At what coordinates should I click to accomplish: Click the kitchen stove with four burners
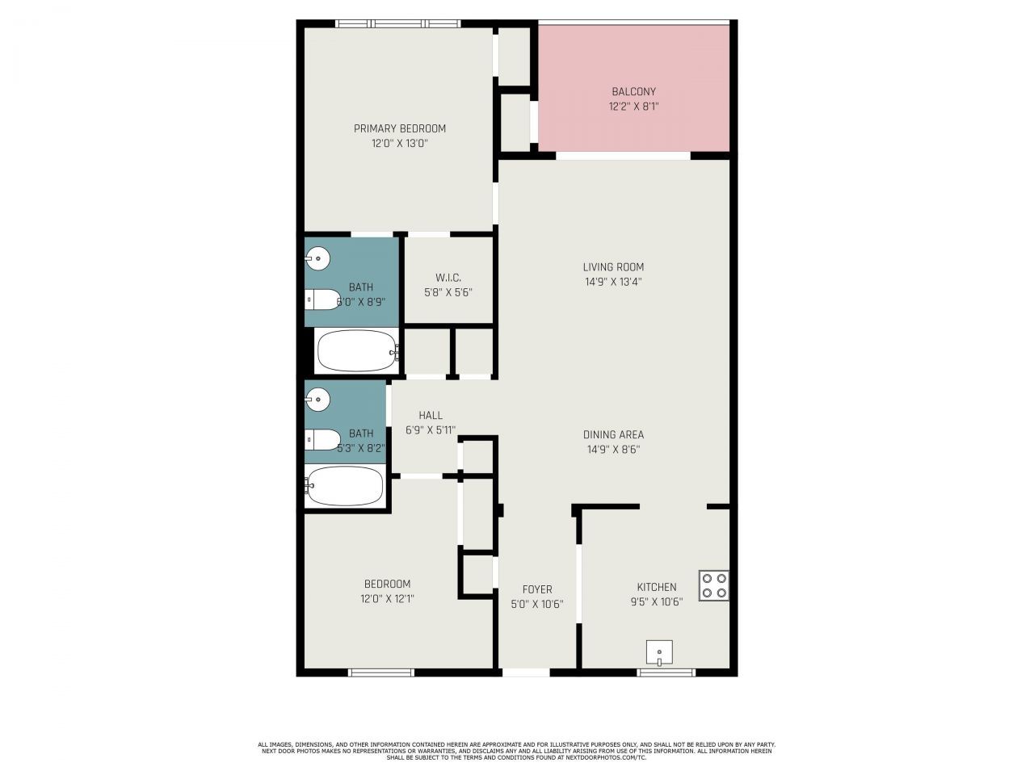click(x=714, y=585)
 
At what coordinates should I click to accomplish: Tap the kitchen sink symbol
click(x=659, y=652)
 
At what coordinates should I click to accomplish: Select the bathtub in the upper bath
click(x=356, y=351)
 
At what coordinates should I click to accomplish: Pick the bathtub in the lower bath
click(x=345, y=486)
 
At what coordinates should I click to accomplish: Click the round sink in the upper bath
click(x=317, y=259)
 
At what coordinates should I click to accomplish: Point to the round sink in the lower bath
click(x=317, y=398)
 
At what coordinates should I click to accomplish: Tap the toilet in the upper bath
click(x=322, y=300)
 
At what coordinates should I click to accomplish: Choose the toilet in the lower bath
click(x=322, y=440)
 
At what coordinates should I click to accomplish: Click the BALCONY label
click(x=633, y=92)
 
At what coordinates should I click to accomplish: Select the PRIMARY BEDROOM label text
click(x=399, y=128)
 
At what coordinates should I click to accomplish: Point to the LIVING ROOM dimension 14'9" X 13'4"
click(x=613, y=282)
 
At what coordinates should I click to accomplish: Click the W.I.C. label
click(x=448, y=278)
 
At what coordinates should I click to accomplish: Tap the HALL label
click(x=430, y=416)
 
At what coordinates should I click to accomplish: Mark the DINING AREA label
click(x=613, y=435)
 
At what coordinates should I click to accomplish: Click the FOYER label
click(x=536, y=589)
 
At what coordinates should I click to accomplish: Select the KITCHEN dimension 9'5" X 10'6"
click(x=656, y=601)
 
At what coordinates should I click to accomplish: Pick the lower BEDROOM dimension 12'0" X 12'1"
click(x=387, y=598)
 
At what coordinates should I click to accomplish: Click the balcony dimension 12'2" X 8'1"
click(x=633, y=106)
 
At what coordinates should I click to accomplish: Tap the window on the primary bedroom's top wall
click(x=397, y=23)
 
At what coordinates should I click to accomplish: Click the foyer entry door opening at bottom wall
click(x=525, y=672)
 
